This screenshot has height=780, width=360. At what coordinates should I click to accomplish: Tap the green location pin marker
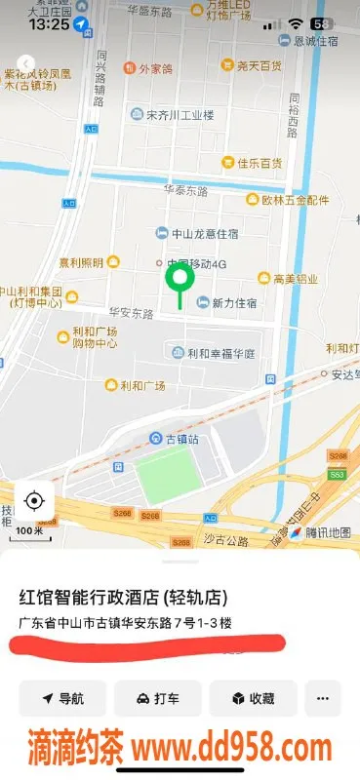coord(178,281)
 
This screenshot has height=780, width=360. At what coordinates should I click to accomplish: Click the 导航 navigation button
coord(62,699)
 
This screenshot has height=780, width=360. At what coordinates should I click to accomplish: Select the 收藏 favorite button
coord(252,699)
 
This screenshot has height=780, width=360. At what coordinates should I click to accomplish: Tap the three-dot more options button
coord(323,699)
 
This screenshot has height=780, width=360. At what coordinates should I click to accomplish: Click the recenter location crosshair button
coord(34,501)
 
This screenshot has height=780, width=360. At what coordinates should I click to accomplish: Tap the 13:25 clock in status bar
coord(50,23)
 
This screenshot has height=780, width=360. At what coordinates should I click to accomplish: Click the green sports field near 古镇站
coord(165,475)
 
